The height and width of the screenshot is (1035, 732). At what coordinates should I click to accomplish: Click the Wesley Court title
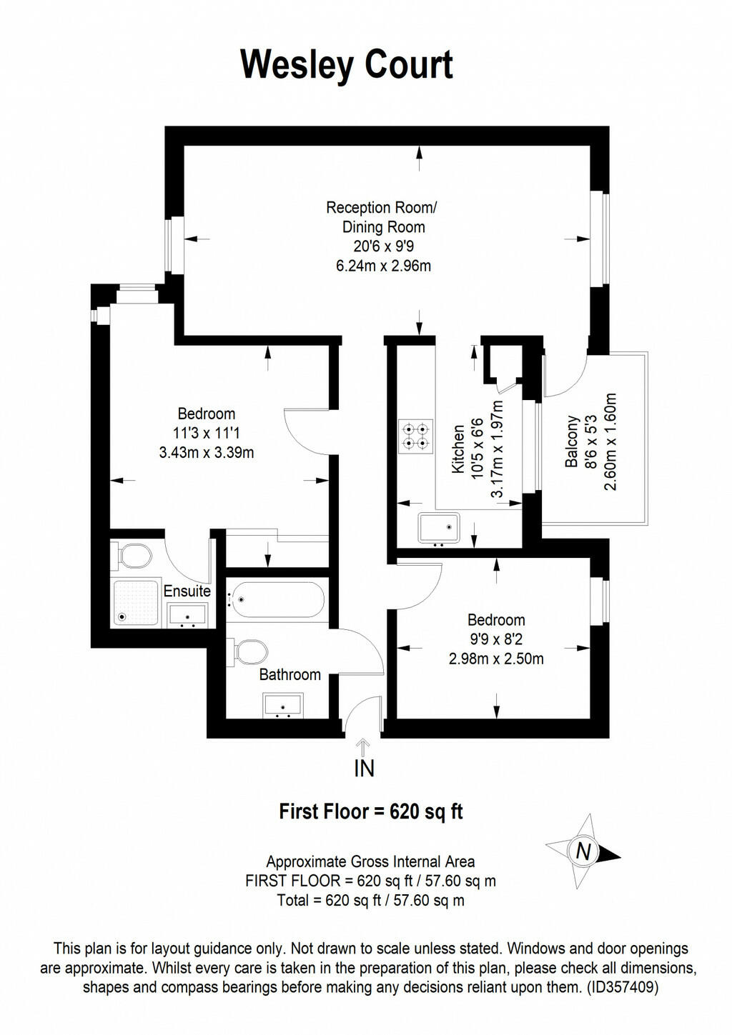click(347, 66)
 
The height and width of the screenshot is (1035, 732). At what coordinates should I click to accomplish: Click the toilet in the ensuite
click(132, 554)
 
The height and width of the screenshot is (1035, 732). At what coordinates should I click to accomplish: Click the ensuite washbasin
click(187, 615)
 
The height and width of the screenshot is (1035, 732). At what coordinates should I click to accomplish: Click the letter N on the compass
click(583, 851)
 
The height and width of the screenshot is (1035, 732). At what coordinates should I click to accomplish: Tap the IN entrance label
click(364, 769)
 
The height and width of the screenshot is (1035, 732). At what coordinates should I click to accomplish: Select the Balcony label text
click(572, 441)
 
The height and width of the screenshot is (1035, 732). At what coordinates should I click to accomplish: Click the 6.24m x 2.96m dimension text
click(383, 266)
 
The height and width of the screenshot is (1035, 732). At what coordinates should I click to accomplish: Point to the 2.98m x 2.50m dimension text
click(496, 659)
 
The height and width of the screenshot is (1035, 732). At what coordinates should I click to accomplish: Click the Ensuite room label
click(187, 591)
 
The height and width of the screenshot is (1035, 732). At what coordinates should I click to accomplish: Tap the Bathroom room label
click(290, 674)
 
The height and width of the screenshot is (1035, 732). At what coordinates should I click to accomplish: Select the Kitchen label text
click(459, 449)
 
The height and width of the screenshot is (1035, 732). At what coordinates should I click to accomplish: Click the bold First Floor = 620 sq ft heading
click(370, 811)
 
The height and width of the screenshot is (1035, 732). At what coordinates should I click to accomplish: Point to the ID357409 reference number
click(622, 988)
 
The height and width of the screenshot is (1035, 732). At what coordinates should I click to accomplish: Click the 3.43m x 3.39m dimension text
click(207, 452)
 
